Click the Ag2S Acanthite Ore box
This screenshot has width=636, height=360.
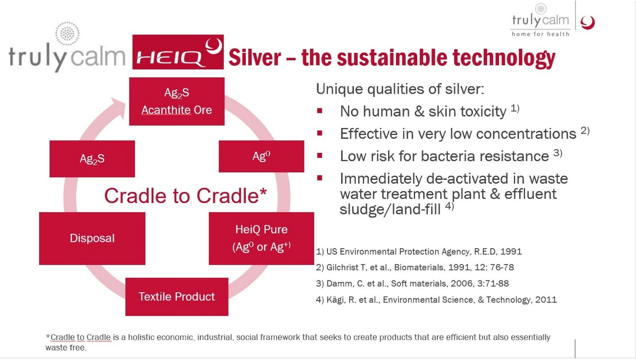coord(177,101)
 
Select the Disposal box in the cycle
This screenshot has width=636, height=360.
coord(92,238)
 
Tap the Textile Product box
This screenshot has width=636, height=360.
coord(177,297)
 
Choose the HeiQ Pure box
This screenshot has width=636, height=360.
coord(261,238)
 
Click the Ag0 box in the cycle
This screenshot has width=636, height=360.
coord(261,156)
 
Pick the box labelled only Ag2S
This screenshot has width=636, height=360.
coord(92,159)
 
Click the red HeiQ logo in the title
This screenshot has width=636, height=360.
coord(178,52)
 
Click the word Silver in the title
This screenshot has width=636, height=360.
coord(255,57)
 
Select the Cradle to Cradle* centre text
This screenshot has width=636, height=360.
coord(186,196)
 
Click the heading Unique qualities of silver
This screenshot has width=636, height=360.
coord(400,89)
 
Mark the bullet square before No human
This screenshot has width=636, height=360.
coord(320,111)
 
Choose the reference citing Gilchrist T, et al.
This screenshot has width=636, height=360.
coord(415,267)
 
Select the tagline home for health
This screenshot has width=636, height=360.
coord(541,34)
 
